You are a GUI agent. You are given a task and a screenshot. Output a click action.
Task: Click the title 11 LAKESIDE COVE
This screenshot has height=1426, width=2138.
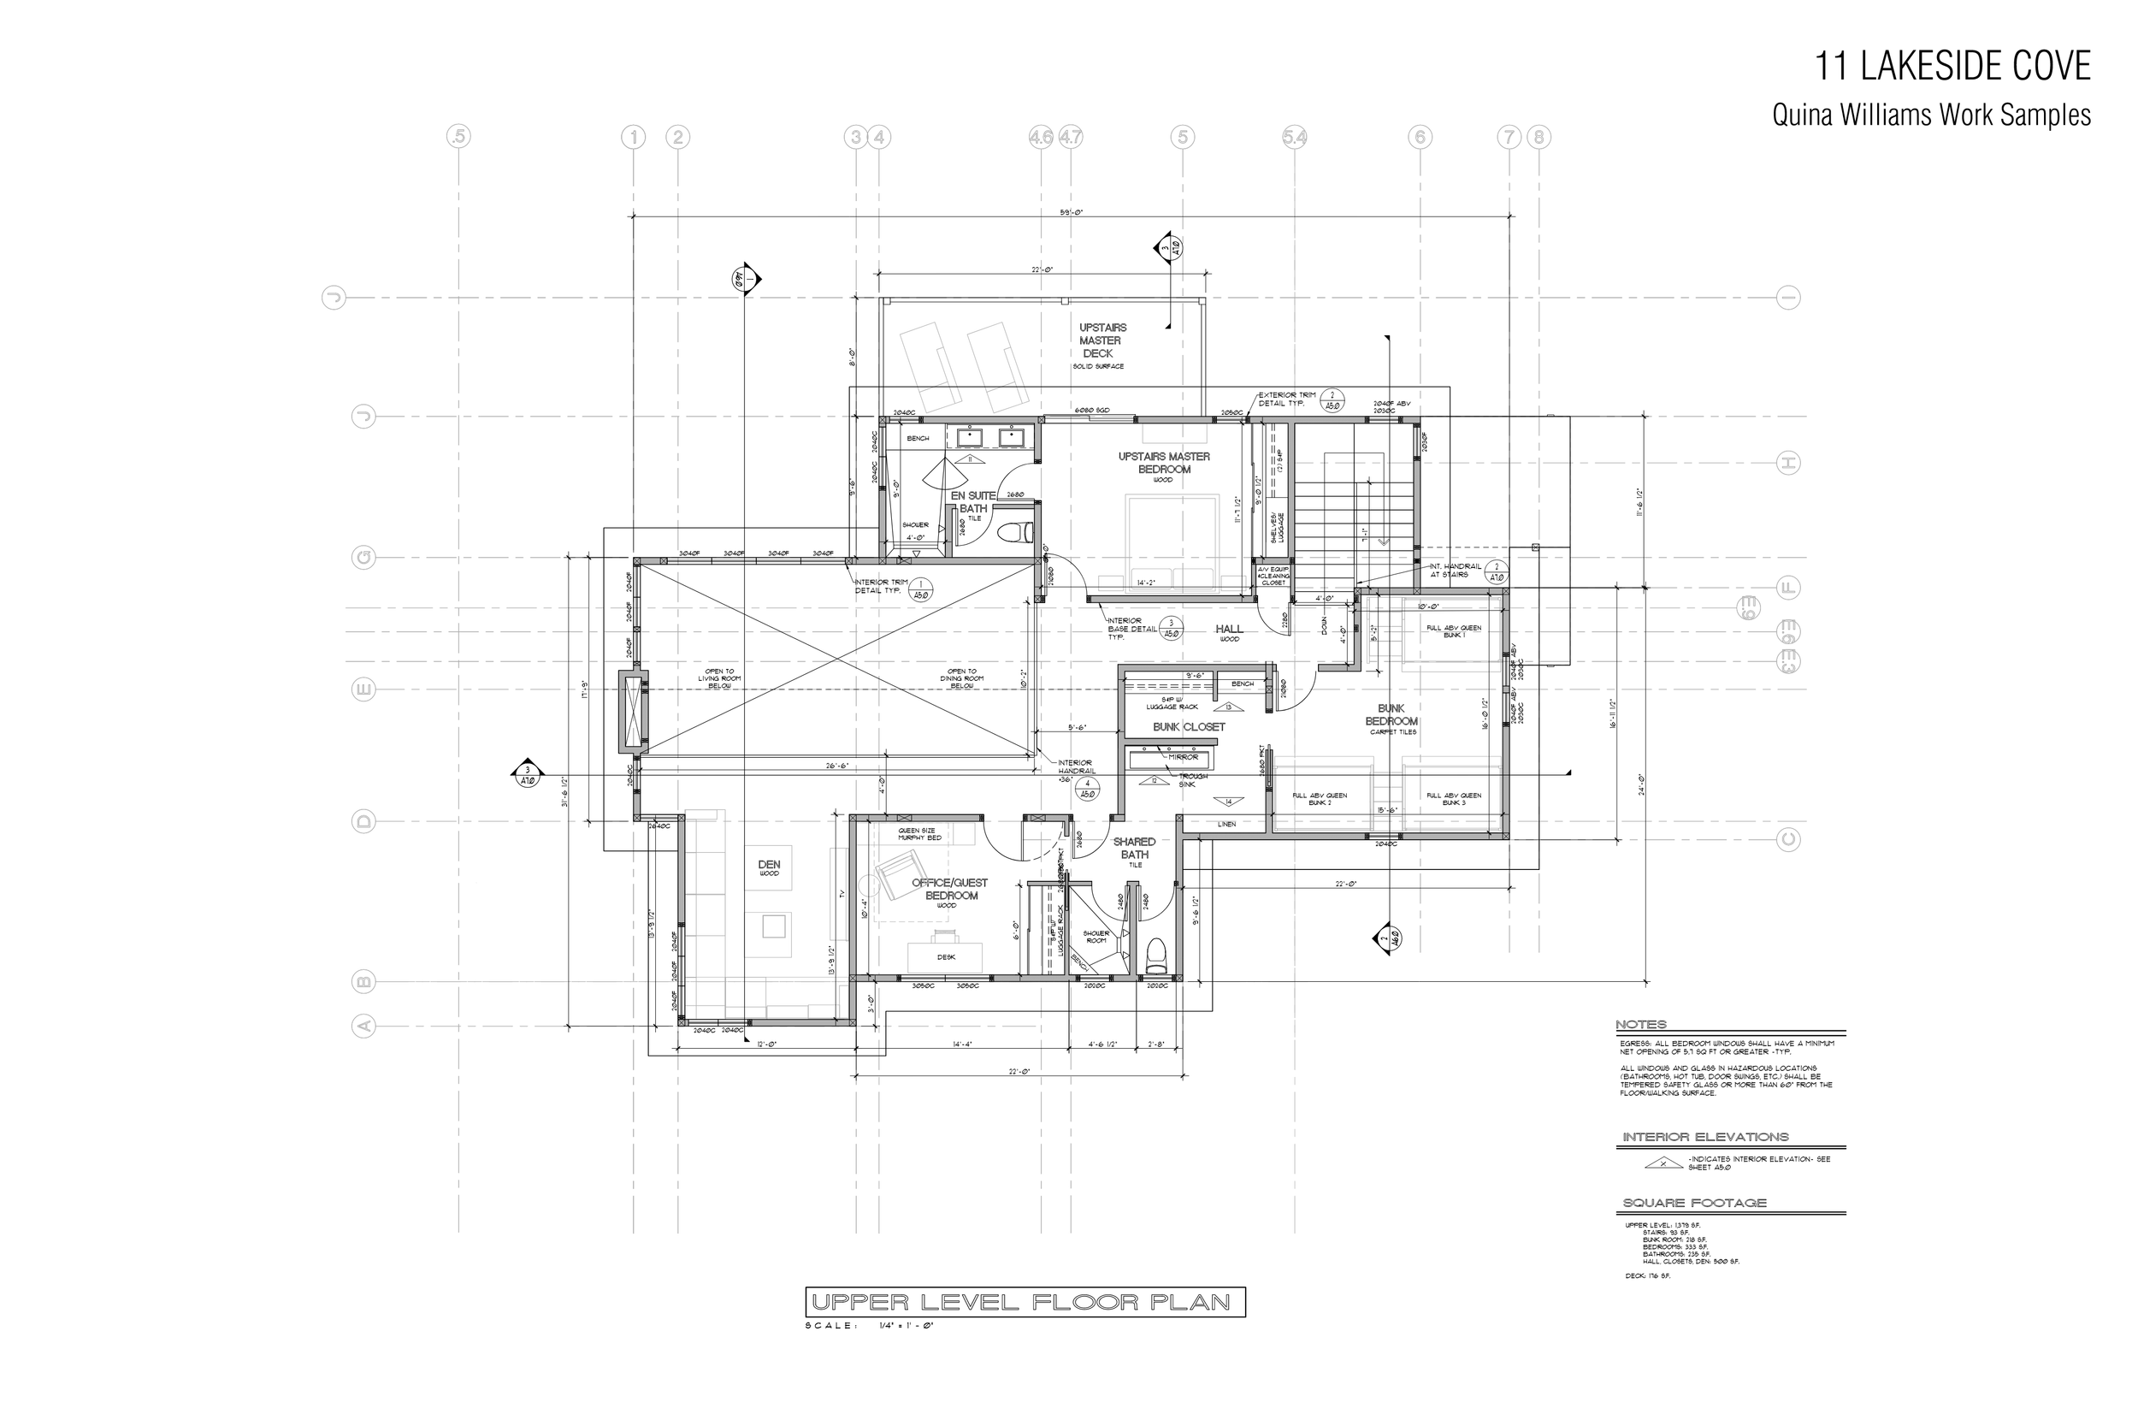coord(1952,67)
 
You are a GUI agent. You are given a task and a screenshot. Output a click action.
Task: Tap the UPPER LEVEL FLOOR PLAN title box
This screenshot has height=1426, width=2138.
coord(1025,1302)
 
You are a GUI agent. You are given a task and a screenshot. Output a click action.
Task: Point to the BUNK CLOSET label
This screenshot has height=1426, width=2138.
coord(1188,726)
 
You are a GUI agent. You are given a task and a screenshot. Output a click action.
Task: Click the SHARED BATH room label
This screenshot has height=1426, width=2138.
coord(1135,849)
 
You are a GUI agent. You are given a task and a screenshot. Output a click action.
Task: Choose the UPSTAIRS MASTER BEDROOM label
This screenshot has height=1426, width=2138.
coord(1164,463)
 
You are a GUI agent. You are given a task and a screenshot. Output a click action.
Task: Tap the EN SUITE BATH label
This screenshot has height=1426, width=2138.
coord(973,502)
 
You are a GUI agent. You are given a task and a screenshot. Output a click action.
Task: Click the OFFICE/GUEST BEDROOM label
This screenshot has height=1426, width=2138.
coord(950,890)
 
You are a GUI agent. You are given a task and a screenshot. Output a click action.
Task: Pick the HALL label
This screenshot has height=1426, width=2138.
coord(1229,630)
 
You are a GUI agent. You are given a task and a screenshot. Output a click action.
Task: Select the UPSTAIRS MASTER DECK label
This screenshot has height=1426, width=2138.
coord(1102,340)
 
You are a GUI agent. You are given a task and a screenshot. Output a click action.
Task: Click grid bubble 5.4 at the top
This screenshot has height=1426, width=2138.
coord(1295,138)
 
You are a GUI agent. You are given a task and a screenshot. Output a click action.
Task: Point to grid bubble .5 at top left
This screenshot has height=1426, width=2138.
coord(459,138)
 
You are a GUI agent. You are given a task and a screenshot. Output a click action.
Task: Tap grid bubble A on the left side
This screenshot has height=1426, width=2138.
coord(363,1027)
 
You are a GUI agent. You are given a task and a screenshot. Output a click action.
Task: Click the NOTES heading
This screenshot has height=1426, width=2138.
coord(1641,1025)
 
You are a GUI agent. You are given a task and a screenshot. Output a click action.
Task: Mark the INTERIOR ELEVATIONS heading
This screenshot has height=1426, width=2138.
coord(1705,1137)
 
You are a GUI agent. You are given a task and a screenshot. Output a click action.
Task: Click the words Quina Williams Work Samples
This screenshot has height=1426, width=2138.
coord(1931,115)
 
